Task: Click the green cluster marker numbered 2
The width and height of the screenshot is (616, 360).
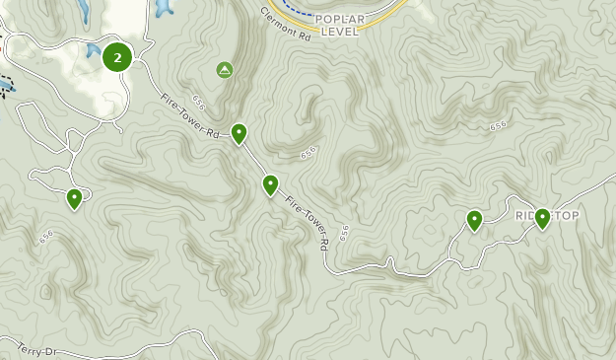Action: (117, 57)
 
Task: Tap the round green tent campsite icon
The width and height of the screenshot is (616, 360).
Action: (225, 70)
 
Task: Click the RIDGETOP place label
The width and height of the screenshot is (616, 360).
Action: (547, 216)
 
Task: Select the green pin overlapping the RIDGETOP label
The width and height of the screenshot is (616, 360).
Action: (542, 218)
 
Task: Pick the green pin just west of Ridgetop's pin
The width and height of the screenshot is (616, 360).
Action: (474, 220)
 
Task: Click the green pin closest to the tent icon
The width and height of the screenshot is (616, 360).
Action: (239, 134)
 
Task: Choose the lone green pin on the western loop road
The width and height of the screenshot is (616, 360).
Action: (74, 199)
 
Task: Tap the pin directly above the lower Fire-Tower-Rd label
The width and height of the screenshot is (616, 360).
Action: (270, 184)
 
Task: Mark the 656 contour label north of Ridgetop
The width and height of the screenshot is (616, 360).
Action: (498, 125)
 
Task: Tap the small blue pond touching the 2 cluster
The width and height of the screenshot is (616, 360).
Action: (93, 50)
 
